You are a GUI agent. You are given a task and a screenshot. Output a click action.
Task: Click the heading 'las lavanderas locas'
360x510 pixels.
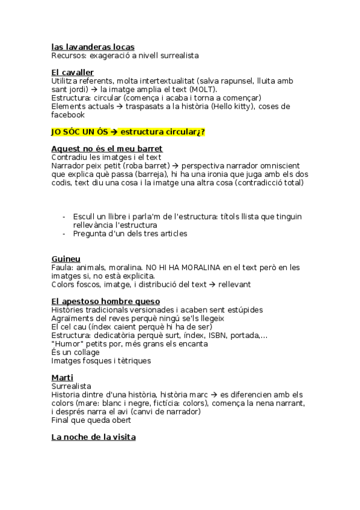coord(93,47)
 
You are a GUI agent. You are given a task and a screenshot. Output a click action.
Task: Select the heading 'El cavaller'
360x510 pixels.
coord(72,73)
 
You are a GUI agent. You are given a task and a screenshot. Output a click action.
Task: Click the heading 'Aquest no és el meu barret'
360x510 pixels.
coord(107,149)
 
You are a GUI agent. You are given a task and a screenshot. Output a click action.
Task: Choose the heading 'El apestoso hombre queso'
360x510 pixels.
coord(105,301)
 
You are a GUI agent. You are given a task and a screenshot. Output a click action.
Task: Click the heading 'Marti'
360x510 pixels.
coord(61,377)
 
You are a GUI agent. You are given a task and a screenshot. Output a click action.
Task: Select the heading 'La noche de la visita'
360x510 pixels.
coord(93,437)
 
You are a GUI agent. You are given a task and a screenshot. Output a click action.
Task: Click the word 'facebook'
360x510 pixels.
coord(68,115)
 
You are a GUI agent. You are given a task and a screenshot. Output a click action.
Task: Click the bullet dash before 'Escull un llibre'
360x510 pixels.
coord(64,217)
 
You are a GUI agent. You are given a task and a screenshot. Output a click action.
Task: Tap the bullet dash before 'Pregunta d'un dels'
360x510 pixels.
coord(64,233)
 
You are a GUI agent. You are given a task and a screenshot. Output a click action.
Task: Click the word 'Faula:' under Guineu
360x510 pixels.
coord(63,267)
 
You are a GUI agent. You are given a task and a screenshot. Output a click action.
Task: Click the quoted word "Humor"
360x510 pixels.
coord(67,344)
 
